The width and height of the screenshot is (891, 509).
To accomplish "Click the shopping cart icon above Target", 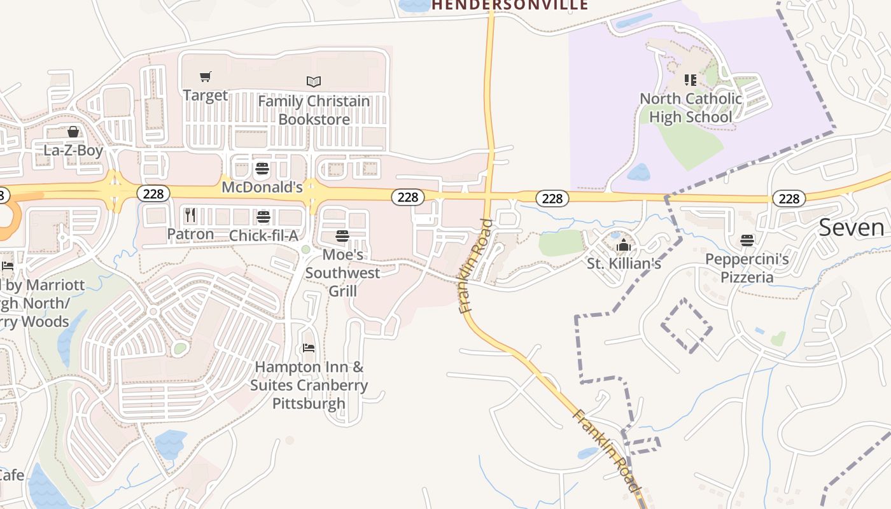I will (205, 77).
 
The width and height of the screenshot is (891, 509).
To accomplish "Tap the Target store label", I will (205, 95).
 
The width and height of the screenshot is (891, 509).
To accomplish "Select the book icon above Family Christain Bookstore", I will (314, 81).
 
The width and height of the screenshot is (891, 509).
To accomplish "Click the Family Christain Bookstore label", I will (314, 110).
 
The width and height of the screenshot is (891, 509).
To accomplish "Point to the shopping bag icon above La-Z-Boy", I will (73, 132).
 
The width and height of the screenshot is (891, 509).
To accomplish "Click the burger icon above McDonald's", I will (262, 169).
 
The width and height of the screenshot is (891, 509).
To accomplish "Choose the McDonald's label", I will (262, 188).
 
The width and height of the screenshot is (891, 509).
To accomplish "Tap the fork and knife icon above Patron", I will (190, 216).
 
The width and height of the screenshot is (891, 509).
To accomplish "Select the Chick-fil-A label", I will (263, 235).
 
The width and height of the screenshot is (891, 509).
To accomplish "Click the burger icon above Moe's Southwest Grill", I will (342, 237).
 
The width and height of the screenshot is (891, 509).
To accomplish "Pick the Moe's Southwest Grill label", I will (342, 273).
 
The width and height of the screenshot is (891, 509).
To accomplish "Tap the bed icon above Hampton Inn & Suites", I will (309, 348).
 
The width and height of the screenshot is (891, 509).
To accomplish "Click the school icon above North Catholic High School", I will (691, 80).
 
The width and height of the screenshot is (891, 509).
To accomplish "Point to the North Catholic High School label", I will (691, 108).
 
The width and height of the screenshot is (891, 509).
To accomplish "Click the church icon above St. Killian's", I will (623, 245).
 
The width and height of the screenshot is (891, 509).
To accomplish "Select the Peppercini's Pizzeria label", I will (747, 268).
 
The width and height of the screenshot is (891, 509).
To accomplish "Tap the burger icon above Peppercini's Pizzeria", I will (747, 241).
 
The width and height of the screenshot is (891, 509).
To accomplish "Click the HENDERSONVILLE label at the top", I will (510, 5).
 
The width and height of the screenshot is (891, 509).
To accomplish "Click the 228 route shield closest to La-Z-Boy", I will (153, 193).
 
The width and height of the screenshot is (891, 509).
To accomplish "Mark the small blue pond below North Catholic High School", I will (639, 172).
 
